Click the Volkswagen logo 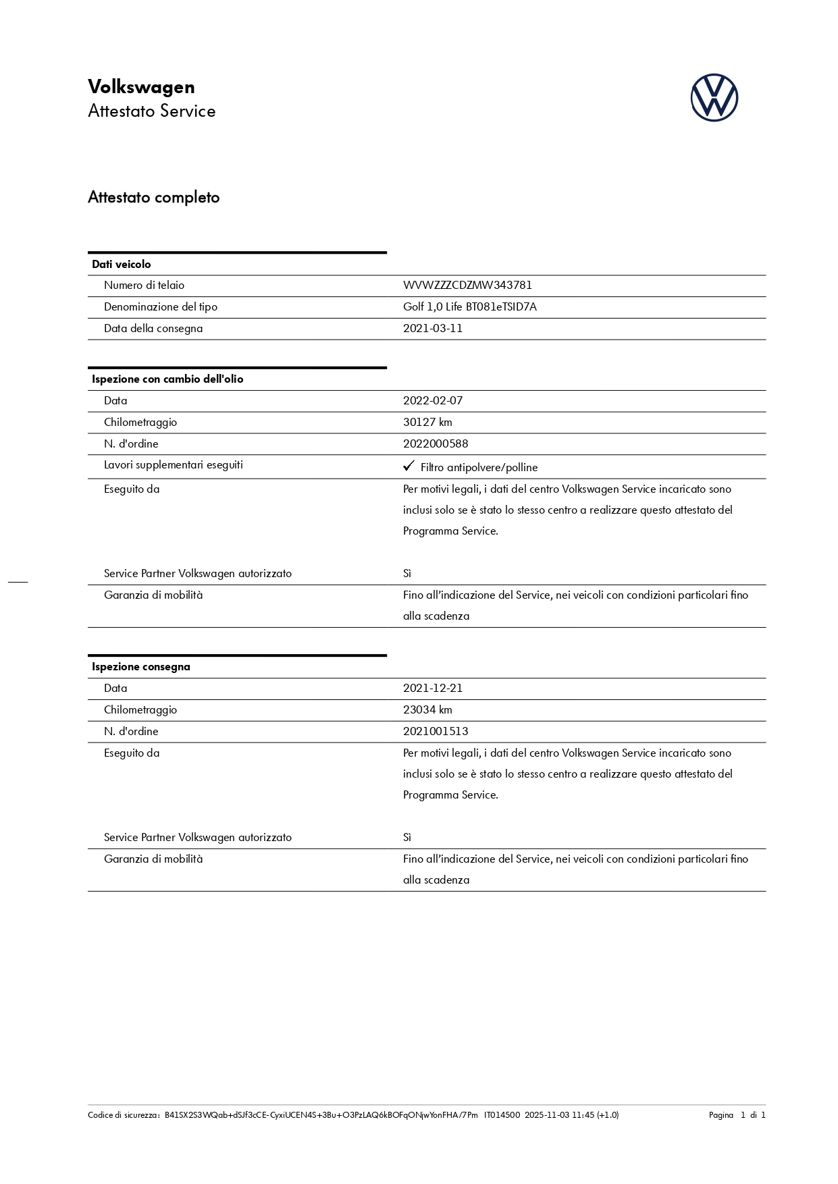[x=714, y=98]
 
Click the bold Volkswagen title [x=141, y=87]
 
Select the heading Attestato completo [x=154, y=198]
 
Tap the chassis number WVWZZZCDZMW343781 [x=467, y=286]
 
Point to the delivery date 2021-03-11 [x=433, y=329]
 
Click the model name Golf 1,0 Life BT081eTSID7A [x=470, y=307]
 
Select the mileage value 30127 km [x=427, y=423]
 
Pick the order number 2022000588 [x=436, y=444]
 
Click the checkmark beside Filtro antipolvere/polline [x=408, y=466]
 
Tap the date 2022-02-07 [x=433, y=401]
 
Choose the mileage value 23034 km [x=427, y=710]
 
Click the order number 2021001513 [x=436, y=732]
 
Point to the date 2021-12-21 [x=433, y=689]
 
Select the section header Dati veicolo [x=122, y=265]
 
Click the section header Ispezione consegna [x=141, y=667]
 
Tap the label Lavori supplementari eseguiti [x=174, y=465]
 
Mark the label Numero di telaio [x=144, y=286]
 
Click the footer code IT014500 [x=502, y=1115]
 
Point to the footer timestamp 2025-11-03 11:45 [x=559, y=1115]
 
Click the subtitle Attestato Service [x=152, y=111]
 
